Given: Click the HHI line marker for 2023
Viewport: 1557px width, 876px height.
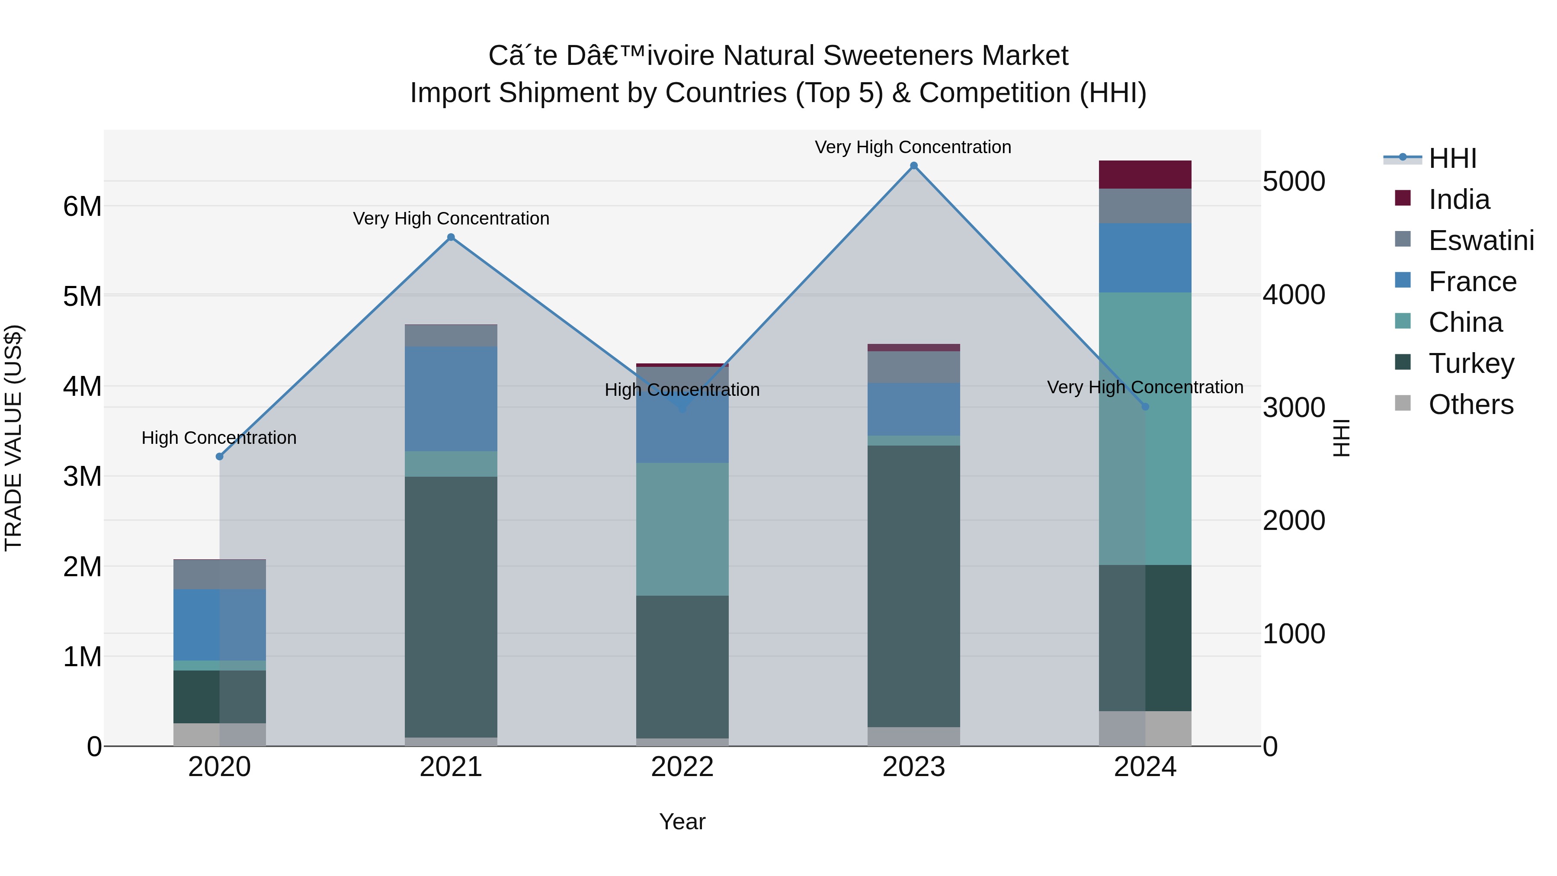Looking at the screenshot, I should tap(913, 166).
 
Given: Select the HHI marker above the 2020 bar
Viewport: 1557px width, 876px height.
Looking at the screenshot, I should tap(219, 456).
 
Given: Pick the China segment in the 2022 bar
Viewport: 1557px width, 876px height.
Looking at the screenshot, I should tap(682, 529).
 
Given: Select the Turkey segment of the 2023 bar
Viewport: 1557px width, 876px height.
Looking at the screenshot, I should tap(913, 587).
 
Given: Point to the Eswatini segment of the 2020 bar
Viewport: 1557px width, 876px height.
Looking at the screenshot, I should tap(219, 574).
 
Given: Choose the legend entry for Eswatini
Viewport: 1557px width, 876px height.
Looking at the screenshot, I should tap(1480, 241).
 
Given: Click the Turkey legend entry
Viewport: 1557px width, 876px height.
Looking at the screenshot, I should tap(1470, 363).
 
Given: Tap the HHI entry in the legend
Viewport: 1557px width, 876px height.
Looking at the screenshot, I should tap(1452, 158).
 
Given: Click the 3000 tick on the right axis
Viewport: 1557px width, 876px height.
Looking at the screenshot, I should tap(1294, 408).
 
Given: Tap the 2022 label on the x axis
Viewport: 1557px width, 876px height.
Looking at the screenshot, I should tap(682, 767).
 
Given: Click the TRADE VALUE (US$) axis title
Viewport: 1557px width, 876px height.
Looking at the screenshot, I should tap(13, 438).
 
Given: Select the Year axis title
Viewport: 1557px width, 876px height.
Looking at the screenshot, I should tap(682, 821).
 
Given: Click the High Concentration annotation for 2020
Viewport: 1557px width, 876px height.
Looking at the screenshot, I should tap(219, 438).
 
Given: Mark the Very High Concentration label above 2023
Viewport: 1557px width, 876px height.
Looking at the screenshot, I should tap(913, 147).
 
